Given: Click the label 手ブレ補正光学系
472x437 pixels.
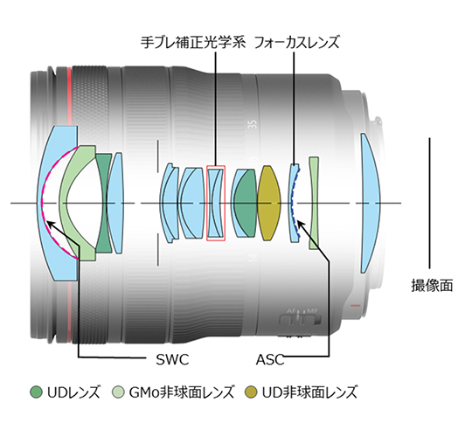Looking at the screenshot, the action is tap(193, 42).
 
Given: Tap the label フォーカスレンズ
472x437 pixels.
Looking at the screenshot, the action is tap(297, 42).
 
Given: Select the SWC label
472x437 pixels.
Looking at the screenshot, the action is tap(172, 359).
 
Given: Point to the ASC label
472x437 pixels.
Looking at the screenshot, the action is tap(270, 359).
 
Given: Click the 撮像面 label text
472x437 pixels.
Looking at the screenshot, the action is tap(432, 285).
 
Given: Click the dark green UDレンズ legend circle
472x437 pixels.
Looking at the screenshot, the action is tap(36, 392).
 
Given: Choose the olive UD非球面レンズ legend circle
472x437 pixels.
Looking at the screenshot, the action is tap(251, 392).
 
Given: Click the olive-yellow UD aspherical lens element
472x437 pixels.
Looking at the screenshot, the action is tap(269, 203).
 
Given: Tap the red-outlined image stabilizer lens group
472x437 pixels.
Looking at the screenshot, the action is tap(216, 203).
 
